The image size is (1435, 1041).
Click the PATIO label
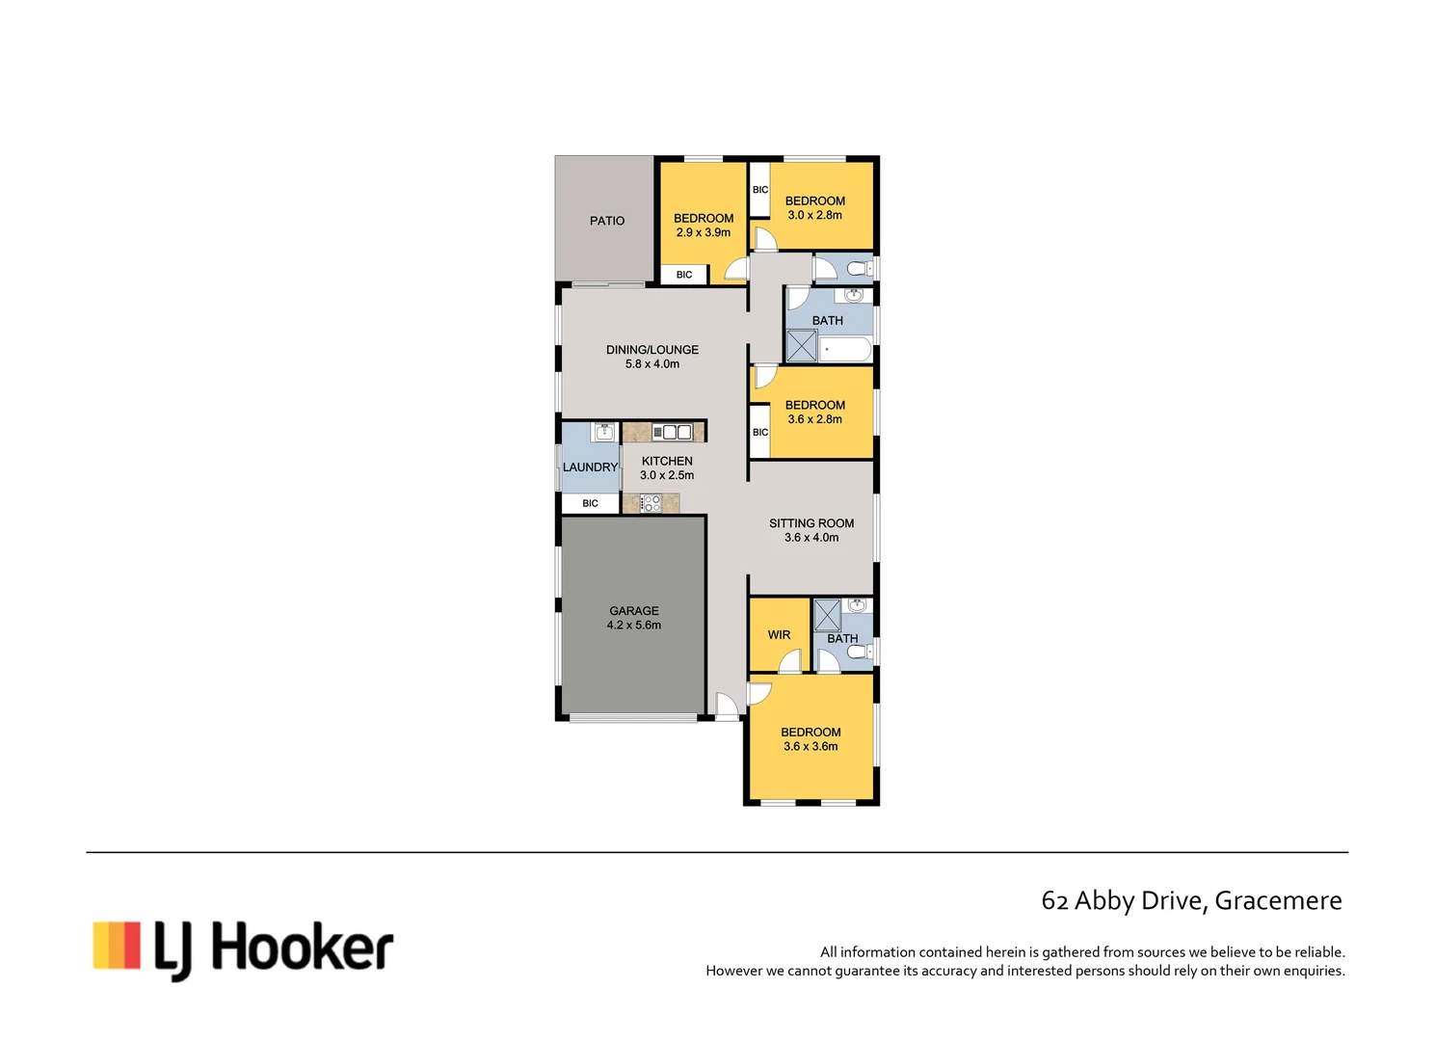coord(607,221)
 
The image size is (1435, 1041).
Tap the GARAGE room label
coord(634,611)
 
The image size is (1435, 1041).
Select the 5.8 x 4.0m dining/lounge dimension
coord(652,364)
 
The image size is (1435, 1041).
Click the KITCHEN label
coord(667,461)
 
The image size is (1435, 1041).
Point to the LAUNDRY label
coord(590,467)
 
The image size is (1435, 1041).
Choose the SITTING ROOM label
coord(811,523)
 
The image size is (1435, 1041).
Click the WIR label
coord(779,635)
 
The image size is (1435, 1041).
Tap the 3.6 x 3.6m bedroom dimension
coord(811,747)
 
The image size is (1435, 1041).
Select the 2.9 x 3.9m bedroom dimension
coord(704,232)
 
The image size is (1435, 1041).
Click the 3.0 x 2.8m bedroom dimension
coord(815,215)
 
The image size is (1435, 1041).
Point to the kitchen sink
coord(672,432)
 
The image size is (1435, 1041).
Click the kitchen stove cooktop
coord(651,503)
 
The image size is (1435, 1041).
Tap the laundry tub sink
coord(603,432)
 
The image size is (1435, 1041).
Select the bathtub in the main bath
coord(845,349)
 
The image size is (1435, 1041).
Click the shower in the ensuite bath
coord(827,615)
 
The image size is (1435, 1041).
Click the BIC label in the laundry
coord(590,503)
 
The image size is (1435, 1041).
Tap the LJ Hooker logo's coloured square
coord(117,946)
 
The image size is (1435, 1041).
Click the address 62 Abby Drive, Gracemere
coord(1191,900)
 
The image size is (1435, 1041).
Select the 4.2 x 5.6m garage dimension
coord(634,626)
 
